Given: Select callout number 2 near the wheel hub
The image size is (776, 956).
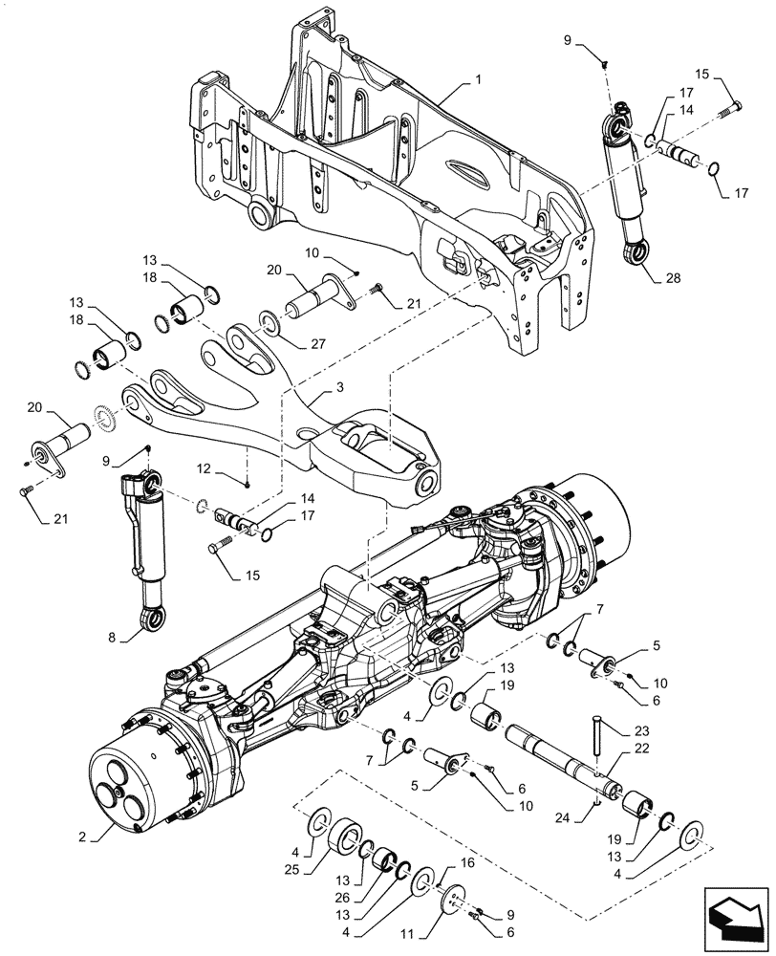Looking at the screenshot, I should click(84, 836).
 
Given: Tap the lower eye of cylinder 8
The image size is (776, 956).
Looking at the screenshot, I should click(153, 622).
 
